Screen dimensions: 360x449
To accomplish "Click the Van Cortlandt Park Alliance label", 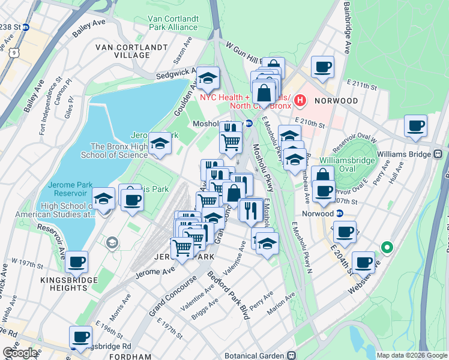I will [174, 23].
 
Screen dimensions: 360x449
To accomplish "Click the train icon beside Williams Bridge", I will [438, 154].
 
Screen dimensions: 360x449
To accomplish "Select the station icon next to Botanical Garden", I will [291, 355].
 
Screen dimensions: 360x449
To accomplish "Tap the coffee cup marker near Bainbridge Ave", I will [322, 67].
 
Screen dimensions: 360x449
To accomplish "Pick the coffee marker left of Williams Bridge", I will [415, 126].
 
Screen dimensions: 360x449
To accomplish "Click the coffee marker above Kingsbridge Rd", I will [80, 337].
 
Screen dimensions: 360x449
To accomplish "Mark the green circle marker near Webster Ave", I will [387, 247].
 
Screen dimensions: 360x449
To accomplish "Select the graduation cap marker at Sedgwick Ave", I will [208, 78].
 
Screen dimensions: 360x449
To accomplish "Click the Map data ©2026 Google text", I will [412, 355].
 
